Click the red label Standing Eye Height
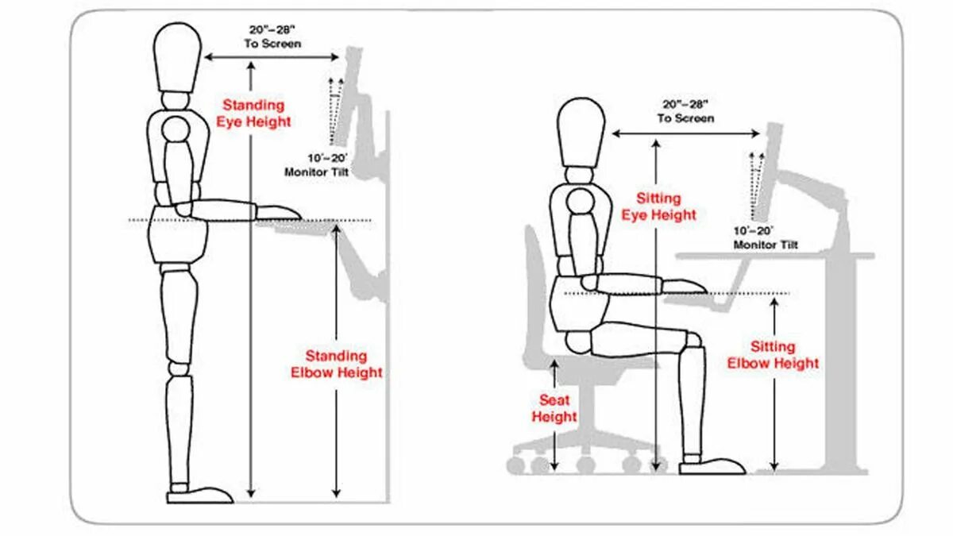(x=253, y=114)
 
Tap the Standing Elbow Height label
(x=336, y=364)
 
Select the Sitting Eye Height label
(x=658, y=206)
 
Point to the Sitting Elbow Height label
(x=773, y=355)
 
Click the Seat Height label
(x=554, y=408)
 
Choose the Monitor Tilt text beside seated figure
(x=765, y=237)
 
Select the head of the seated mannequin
(x=581, y=132)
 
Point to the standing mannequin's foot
(x=200, y=494)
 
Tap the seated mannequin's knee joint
(x=693, y=341)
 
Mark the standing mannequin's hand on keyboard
(x=279, y=212)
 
